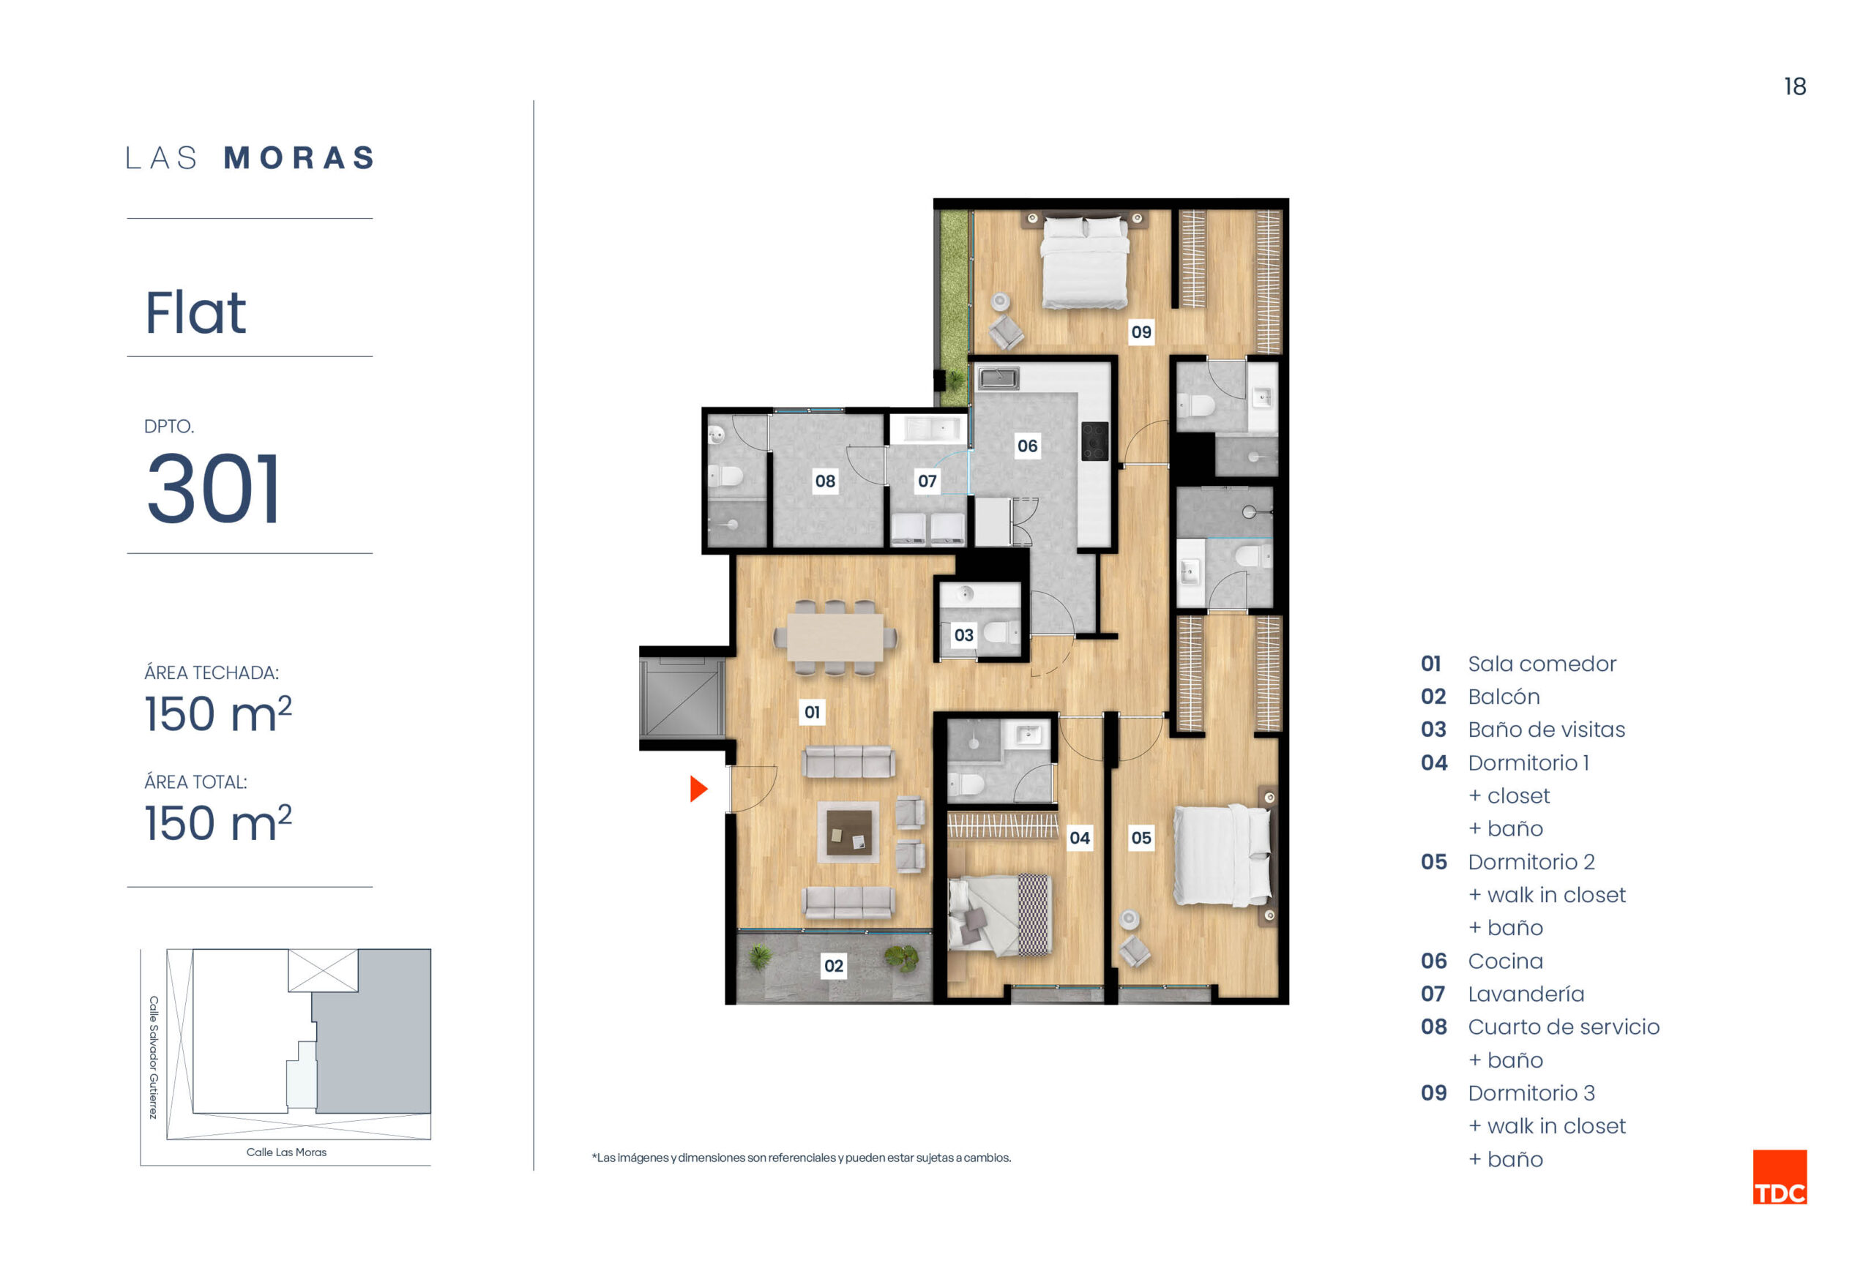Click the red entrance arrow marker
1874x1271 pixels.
698,788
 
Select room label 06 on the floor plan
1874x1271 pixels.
1026,446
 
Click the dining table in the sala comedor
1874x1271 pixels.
835,637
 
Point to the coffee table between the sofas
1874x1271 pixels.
848,831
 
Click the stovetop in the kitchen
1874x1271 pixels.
1094,440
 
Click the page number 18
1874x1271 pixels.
1794,86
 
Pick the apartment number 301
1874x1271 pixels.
213,487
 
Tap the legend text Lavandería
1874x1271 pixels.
1526,994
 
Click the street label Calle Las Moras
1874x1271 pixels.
286,1152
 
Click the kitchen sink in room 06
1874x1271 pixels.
998,376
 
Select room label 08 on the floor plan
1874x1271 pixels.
824,481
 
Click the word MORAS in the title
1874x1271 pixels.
299,158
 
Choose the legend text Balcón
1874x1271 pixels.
1504,697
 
